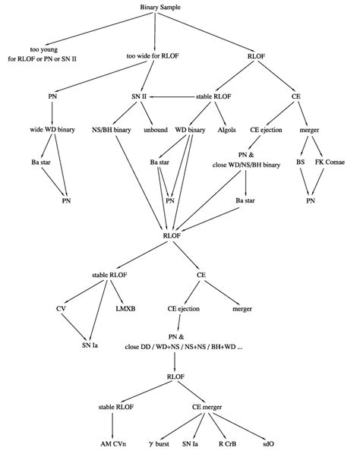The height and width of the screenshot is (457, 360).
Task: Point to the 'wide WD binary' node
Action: click(x=50, y=130)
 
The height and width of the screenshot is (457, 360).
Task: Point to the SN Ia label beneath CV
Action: click(x=90, y=345)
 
